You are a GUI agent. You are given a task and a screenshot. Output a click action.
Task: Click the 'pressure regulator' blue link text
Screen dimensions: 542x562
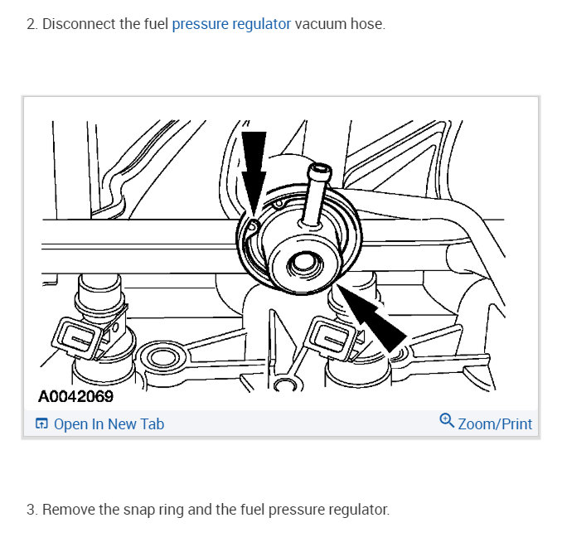click(x=231, y=24)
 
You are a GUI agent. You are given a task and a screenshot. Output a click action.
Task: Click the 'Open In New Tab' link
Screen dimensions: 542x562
click(x=109, y=424)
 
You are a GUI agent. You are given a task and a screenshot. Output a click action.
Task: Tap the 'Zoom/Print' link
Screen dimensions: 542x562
click(x=495, y=424)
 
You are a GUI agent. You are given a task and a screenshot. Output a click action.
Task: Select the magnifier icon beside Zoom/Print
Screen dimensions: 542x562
click(x=447, y=421)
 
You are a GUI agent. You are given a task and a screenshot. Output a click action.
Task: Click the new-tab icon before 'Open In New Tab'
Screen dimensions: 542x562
click(x=41, y=424)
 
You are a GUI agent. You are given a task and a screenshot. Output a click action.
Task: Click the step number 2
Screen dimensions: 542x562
click(x=31, y=24)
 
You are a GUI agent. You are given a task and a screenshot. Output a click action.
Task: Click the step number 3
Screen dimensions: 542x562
click(x=31, y=509)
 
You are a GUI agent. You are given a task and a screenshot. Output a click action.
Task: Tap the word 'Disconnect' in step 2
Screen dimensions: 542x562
click(x=79, y=24)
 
